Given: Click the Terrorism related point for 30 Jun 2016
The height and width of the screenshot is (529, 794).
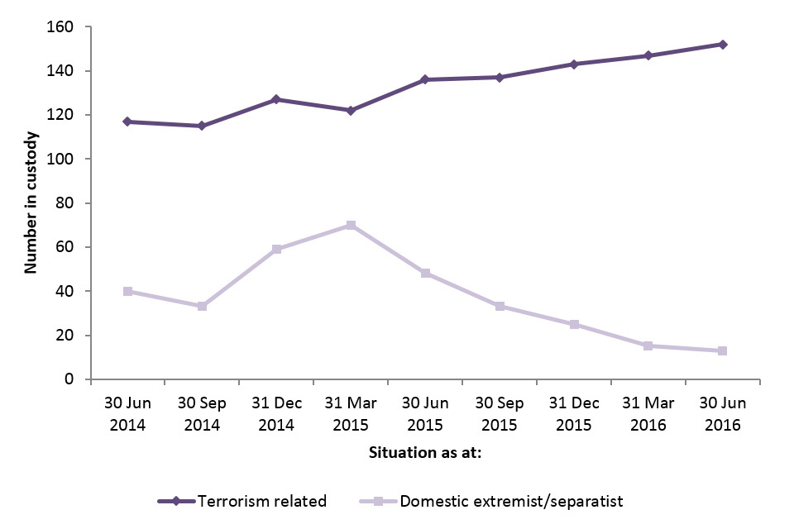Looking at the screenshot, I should [722, 45].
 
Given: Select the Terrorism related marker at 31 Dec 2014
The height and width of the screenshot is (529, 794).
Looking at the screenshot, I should [276, 99].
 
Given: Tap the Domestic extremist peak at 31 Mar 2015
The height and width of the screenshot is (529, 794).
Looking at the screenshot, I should [351, 225].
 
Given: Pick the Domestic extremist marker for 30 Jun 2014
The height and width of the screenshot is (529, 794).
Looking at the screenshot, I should [127, 291].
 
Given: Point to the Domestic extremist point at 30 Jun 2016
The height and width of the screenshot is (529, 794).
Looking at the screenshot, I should [722, 350].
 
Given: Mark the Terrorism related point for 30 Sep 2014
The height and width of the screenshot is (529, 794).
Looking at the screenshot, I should [202, 126].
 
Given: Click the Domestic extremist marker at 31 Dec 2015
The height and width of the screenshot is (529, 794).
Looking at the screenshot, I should [574, 324].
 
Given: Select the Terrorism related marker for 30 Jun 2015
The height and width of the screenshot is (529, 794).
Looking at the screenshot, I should [425, 79].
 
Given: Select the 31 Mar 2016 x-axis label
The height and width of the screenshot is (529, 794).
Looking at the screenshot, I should [648, 413].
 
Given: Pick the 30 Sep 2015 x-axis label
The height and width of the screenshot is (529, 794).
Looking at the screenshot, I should [500, 413].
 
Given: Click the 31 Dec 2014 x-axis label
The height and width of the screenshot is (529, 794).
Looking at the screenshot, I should [276, 413].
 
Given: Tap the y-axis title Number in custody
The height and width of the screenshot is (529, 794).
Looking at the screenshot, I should [31, 203].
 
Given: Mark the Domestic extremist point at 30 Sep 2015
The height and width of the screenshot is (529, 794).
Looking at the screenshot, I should [500, 306].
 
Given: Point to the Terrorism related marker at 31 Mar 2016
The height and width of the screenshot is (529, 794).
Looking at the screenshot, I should [648, 55].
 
